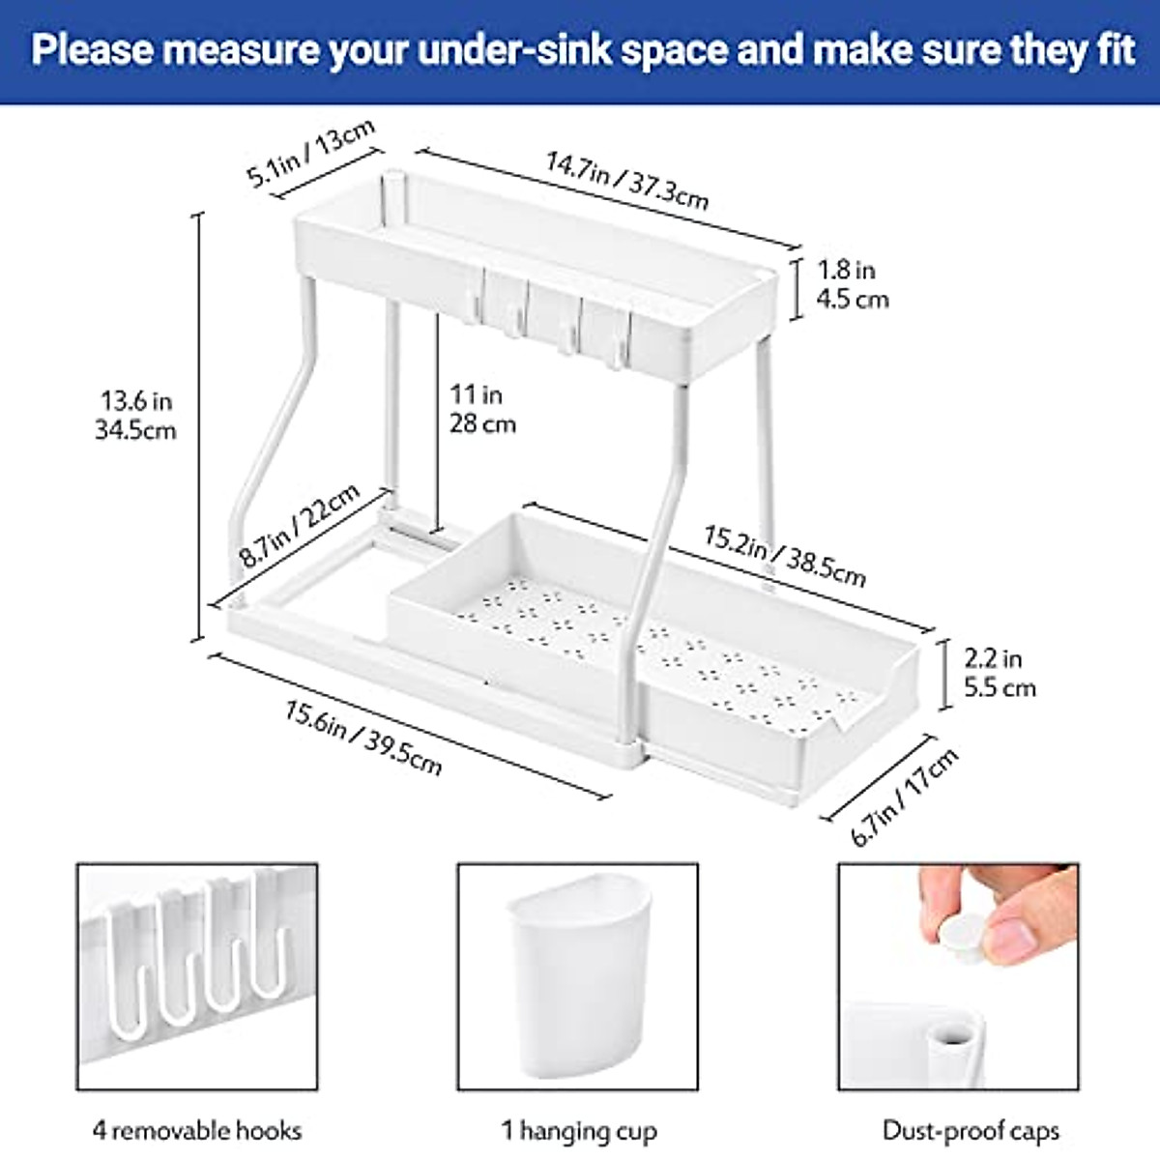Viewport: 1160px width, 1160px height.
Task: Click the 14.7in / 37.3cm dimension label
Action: point(627,181)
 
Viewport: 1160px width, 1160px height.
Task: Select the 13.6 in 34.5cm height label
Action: point(135,415)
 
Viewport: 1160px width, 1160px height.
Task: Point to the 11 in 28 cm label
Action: point(482,409)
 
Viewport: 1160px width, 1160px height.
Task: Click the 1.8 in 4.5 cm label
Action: point(852,284)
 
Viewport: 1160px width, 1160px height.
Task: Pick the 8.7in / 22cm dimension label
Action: point(300,525)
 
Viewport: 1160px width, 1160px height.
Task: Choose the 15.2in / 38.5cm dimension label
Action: point(784,557)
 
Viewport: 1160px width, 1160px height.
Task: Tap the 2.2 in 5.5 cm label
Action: point(1000,673)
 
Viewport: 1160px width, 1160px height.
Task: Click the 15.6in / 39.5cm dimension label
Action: point(363,739)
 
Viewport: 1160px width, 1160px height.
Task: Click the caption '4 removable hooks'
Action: point(197,1130)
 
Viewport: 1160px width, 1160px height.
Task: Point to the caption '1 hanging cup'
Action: point(579,1130)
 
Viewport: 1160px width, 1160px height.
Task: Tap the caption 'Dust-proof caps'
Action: point(971,1130)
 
